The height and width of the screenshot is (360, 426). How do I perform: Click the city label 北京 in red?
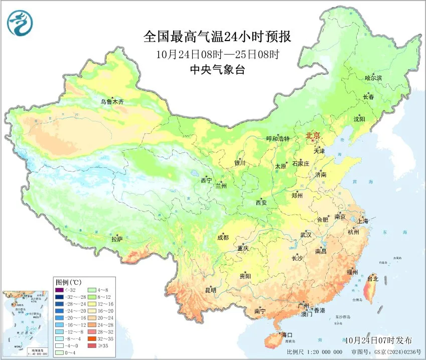[313, 135]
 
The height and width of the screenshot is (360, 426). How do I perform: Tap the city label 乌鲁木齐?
[111, 102]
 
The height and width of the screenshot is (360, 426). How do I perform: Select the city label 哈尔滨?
[373, 78]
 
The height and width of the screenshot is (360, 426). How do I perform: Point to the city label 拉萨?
[117, 239]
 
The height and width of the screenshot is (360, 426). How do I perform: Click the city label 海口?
[287, 334]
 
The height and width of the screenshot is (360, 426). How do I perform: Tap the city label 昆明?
[210, 290]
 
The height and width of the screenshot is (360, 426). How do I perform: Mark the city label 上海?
[362, 221]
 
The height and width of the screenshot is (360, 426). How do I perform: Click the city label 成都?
[223, 238]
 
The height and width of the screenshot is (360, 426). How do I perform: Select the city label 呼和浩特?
[277, 139]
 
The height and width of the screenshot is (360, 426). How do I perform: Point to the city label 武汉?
[306, 234]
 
